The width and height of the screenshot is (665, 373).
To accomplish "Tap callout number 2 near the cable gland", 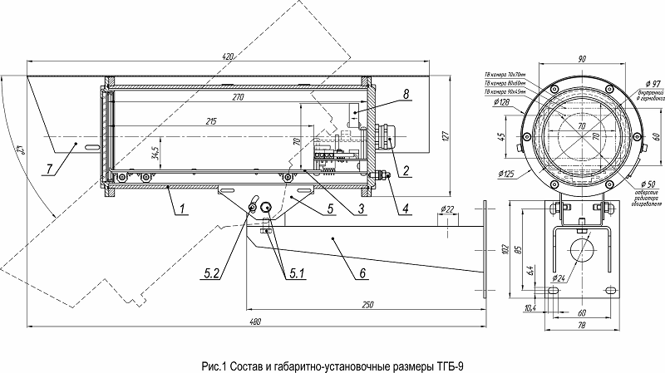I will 406,171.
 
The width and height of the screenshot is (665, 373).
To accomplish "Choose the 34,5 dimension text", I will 155,152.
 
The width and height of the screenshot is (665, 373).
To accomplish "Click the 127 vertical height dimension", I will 445,137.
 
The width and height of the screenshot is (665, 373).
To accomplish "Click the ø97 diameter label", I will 652,84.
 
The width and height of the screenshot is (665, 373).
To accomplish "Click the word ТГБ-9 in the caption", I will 450,364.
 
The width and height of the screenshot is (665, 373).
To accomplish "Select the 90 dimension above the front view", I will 581,58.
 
